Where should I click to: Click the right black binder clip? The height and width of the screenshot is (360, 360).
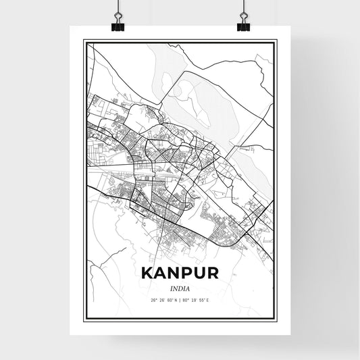tap(243, 25)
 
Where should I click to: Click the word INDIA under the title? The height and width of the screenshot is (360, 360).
tap(180, 288)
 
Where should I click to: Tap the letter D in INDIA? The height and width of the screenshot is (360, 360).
tap(180, 288)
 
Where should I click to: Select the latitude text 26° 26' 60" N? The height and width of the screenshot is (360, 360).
tap(163, 300)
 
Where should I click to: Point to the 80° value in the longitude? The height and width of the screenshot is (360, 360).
tap(188, 300)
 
